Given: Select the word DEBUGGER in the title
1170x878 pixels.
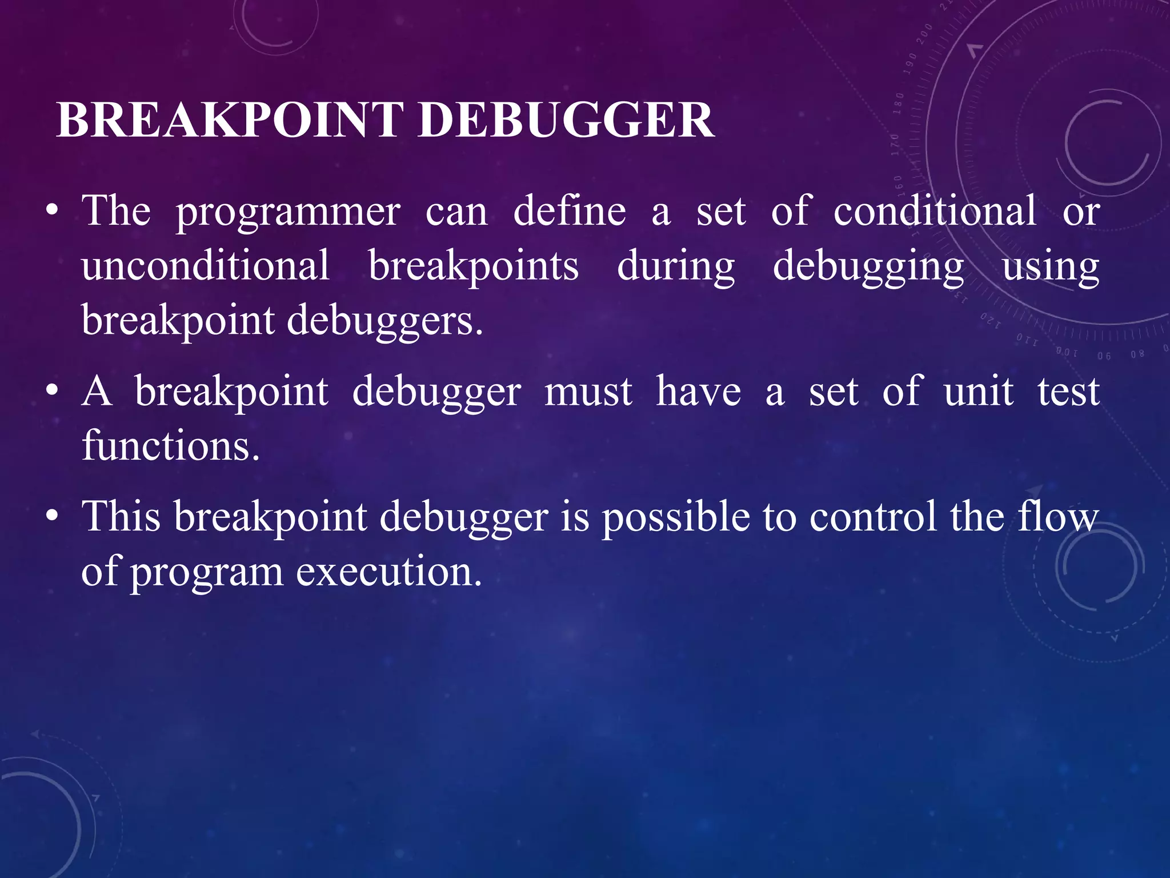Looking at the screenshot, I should [x=566, y=121].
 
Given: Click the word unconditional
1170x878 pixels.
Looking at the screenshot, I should [x=206, y=265].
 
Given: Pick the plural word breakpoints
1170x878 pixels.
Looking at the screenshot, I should [x=473, y=266].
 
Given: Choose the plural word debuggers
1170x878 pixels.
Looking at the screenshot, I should [x=384, y=321].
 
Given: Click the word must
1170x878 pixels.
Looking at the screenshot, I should [x=588, y=392].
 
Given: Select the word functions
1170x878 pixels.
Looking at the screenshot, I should [x=170, y=445].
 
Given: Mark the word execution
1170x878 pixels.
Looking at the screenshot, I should [x=389, y=571].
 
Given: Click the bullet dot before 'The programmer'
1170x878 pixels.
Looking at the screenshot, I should [x=53, y=212].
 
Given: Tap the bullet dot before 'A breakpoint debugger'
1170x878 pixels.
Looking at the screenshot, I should [x=53, y=393].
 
